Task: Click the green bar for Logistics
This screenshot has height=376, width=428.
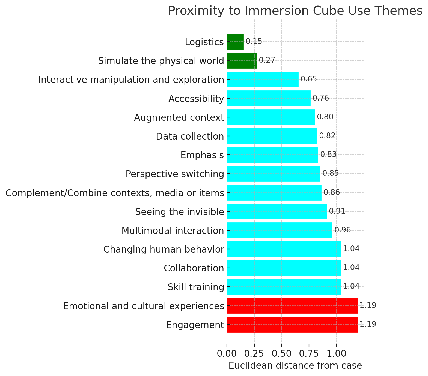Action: click(x=235, y=42)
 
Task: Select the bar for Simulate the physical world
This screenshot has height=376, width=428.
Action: click(x=242, y=61)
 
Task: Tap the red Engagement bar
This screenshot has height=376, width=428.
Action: click(x=292, y=325)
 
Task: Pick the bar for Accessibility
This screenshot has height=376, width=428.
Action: click(x=269, y=98)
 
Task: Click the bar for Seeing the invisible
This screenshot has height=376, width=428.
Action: click(x=277, y=211)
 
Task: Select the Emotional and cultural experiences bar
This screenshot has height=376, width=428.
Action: click(x=292, y=306)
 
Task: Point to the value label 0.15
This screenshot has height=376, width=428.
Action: click(x=254, y=41)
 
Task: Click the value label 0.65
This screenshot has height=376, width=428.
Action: click(x=309, y=79)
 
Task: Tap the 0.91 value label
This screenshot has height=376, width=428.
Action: click(x=337, y=211)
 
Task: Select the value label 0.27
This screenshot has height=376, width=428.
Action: click(x=267, y=60)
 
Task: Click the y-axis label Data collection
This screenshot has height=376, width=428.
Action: click(x=190, y=136)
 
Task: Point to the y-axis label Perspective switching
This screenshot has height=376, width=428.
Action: click(x=175, y=174)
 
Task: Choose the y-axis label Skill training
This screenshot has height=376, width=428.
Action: click(x=196, y=287)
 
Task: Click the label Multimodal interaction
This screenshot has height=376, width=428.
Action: click(x=173, y=231)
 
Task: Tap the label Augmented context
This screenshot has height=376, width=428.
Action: click(x=179, y=117)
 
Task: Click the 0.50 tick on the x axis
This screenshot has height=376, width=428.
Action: click(x=281, y=354)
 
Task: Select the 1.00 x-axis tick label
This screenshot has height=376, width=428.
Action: click(x=336, y=354)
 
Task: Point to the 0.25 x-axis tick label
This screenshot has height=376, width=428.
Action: click(x=254, y=354)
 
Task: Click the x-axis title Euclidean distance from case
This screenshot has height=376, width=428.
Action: click(x=295, y=366)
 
